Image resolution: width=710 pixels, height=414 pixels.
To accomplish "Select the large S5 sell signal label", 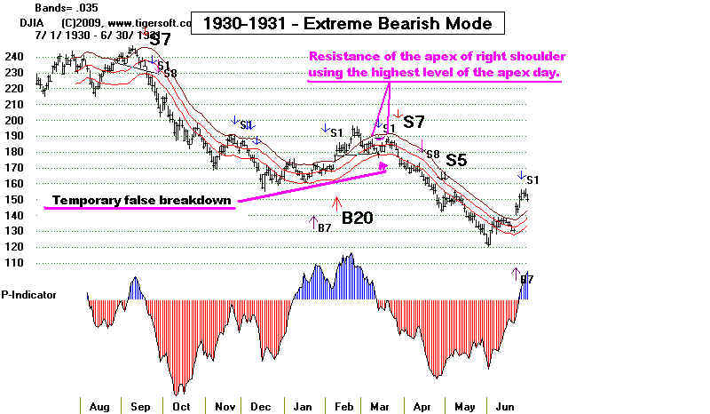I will (x=456, y=160).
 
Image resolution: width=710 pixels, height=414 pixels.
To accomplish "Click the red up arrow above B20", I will (x=337, y=203).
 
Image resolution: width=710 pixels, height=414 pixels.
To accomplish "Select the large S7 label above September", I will (x=160, y=39).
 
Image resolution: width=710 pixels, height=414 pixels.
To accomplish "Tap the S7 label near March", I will (x=414, y=120).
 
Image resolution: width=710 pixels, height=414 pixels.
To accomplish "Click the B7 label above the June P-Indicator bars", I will (x=526, y=279).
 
